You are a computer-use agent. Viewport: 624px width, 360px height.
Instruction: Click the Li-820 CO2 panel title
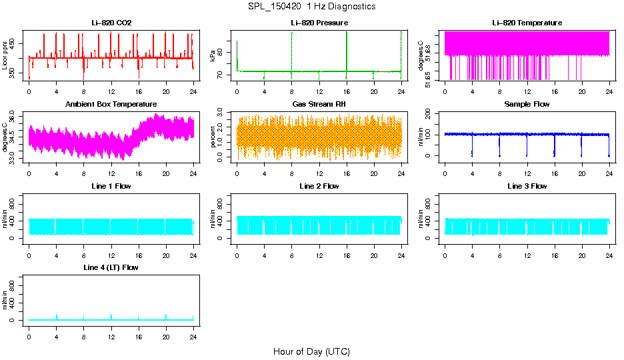click(111, 23)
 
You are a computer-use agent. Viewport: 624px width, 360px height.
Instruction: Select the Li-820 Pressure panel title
click(319, 23)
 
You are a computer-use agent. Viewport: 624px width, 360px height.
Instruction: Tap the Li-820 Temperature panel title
click(527, 23)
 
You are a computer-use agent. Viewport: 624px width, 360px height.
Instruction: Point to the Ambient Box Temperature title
click(111, 104)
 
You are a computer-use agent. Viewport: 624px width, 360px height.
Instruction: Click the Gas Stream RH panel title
click(319, 104)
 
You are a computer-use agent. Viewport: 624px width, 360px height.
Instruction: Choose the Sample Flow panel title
click(527, 104)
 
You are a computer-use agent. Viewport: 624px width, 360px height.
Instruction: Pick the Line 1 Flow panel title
click(111, 186)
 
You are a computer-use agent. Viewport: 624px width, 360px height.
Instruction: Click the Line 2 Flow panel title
click(319, 186)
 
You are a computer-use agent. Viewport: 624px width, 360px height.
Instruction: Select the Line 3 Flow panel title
click(527, 186)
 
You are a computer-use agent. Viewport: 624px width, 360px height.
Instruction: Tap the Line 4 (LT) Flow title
click(111, 267)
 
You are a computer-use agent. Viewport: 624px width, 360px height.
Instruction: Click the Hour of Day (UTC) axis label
click(311, 351)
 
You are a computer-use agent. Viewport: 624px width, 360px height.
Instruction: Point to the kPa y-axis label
click(213, 55)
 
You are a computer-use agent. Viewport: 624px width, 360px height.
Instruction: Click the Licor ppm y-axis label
click(5, 55)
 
